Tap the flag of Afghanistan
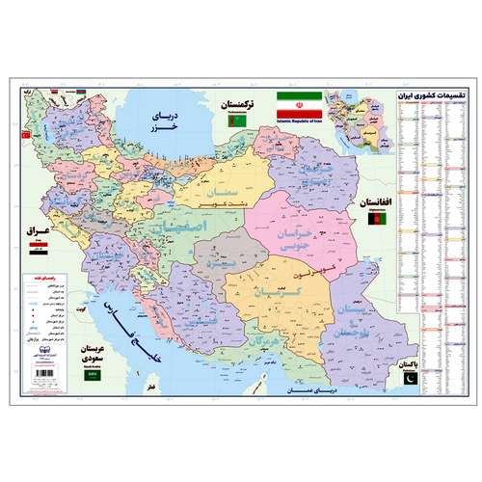coord(372,223)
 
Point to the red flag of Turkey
coord(26,136)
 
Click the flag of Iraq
coord(37,253)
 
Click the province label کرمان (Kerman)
coord(260,291)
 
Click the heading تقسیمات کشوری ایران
coord(432,96)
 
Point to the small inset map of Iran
coord(360,121)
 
